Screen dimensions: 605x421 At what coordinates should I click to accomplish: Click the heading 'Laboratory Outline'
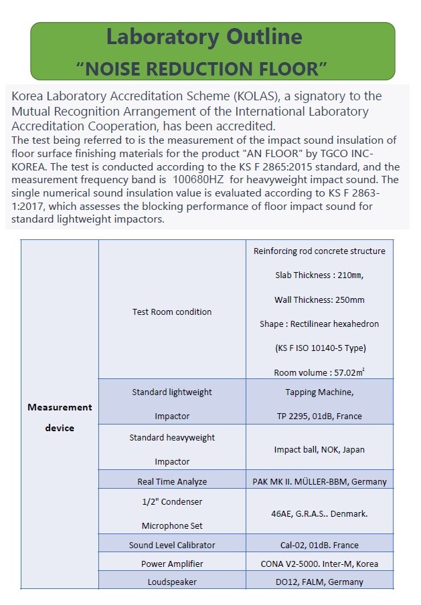pyautogui.click(x=204, y=37)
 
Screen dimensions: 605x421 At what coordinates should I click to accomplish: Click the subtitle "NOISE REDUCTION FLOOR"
pyautogui.click(x=202, y=68)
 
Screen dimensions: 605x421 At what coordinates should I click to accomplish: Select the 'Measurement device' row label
pyautogui.click(x=60, y=417)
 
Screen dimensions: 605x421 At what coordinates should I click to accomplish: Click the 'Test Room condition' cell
pyautogui.click(x=172, y=312)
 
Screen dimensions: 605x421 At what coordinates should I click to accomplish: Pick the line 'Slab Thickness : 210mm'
pyautogui.click(x=319, y=275)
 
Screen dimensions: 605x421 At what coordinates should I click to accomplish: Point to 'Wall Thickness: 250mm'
pyautogui.click(x=319, y=299)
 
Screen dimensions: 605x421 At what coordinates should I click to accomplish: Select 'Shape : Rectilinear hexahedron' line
pyautogui.click(x=319, y=324)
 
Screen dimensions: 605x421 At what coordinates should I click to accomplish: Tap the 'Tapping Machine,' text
pyautogui.click(x=319, y=392)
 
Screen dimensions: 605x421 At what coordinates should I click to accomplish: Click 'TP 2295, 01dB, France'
pyautogui.click(x=319, y=416)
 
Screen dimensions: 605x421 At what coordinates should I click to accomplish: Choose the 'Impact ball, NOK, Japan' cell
pyautogui.click(x=319, y=449)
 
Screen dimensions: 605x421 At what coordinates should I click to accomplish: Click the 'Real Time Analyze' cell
pyautogui.click(x=172, y=481)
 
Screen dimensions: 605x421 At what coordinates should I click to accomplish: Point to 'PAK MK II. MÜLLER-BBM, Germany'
pyautogui.click(x=319, y=481)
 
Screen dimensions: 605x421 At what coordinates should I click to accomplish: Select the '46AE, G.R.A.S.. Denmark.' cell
pyautogui.click(x=319, y=513)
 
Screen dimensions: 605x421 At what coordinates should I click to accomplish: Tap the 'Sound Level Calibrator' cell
pyautogui.click(x=172, y=545)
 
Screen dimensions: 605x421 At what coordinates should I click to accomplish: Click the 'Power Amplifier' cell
pyautogui.click(x=172, y=564)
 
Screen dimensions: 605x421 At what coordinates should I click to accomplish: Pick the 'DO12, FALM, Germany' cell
pyautogui.click(x=319, y=582)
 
